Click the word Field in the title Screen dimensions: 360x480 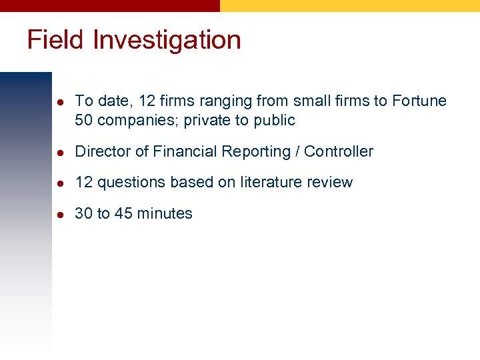coord(55,40)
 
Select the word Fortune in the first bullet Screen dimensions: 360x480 coord(419,101)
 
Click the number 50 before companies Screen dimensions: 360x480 coord(84,121)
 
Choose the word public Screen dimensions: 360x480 coord(274,121)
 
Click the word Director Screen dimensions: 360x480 coord(103,151)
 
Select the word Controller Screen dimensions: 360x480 coord(339,151)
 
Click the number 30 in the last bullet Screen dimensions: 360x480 coord(84,213)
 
